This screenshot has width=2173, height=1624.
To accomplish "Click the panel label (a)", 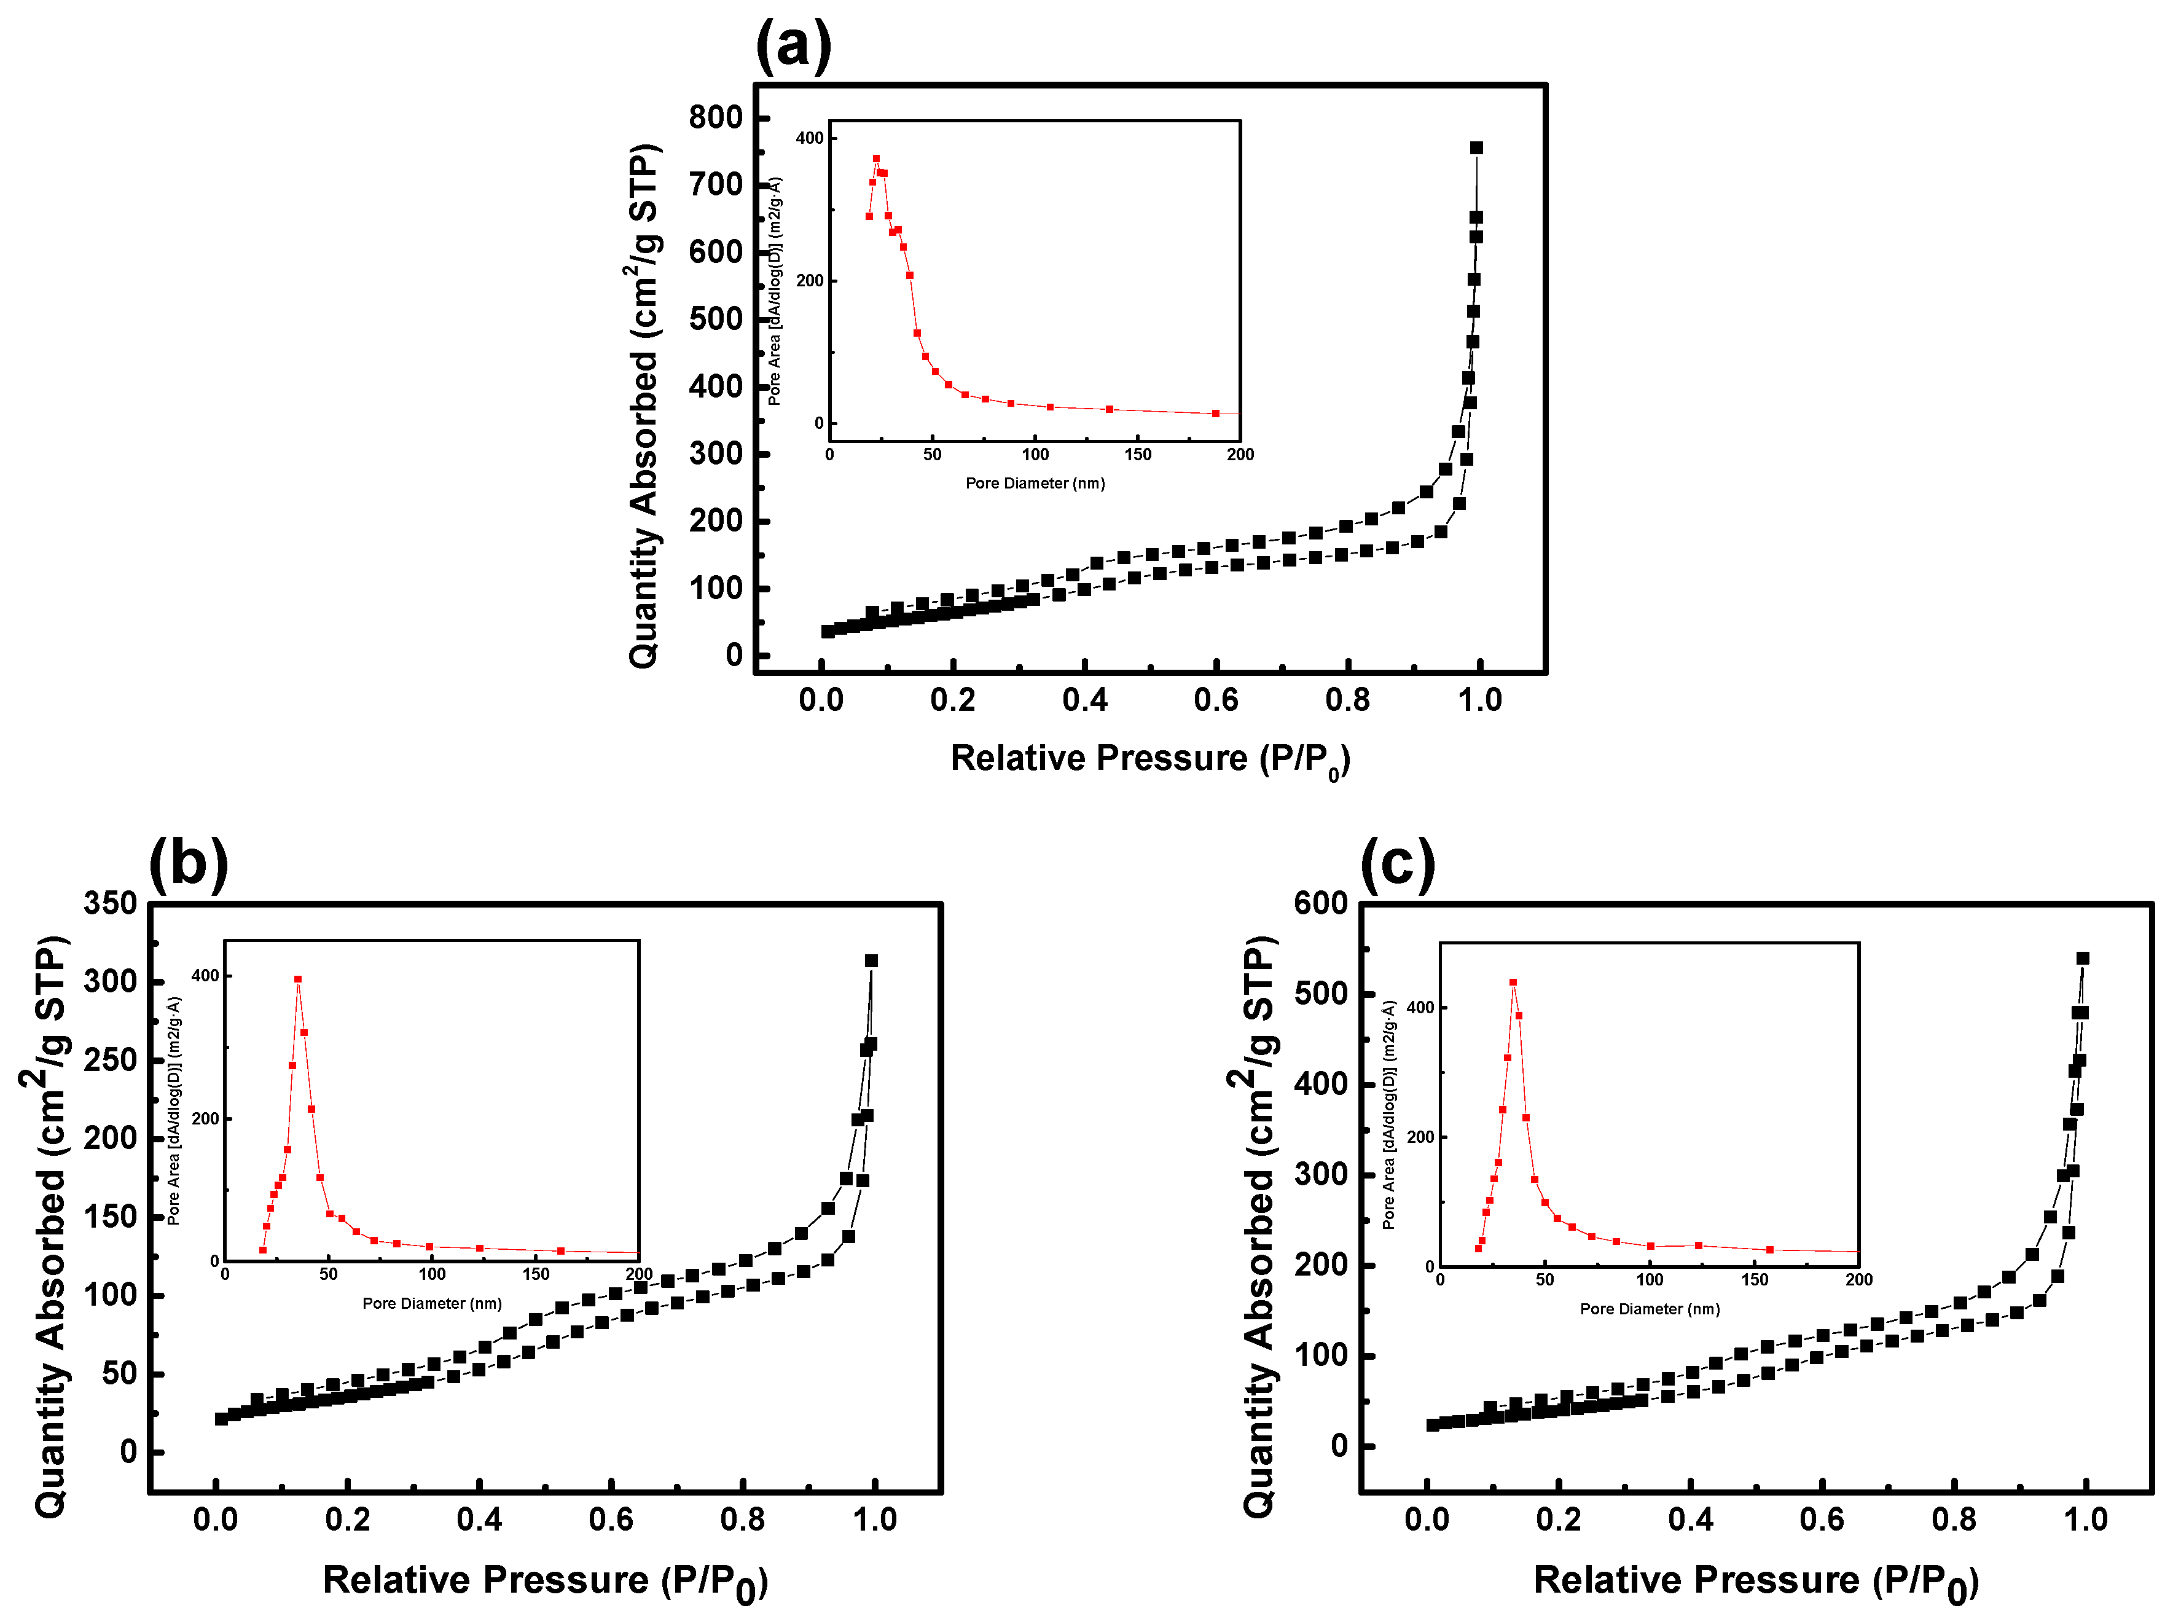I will coord(793,45).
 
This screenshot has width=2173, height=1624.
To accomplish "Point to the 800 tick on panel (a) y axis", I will coord(715,118).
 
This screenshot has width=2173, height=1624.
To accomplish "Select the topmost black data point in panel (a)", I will coord(1476,148).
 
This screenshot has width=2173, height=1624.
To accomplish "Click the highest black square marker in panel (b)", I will coord(871,961).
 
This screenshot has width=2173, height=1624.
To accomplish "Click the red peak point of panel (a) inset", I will coord(876,158).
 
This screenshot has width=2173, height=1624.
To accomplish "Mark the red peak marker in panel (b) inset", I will coord(297,979).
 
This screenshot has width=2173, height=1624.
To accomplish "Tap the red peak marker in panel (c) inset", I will coord(1513,983).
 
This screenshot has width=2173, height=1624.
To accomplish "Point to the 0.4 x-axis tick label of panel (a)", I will coord(1084,700).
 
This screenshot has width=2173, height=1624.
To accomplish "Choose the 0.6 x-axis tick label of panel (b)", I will coord(611,1520).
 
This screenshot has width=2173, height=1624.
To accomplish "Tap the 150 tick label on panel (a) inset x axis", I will coord(1138,455).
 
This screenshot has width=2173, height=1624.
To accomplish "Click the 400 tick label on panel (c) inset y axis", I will coord(1420,1008).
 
